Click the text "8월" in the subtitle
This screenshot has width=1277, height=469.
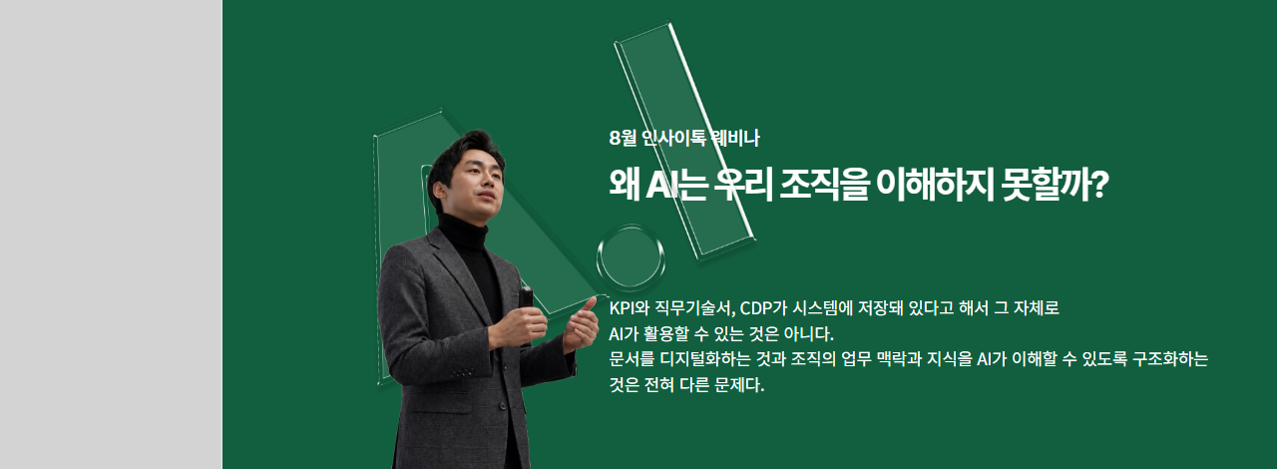(622, 138)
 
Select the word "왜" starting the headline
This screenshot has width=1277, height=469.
(624, 185)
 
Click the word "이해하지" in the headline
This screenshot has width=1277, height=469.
(935, 185)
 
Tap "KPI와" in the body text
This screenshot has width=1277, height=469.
(630, 308)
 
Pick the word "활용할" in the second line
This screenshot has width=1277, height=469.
(665, 333)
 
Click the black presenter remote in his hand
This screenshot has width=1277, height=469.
(526, 297)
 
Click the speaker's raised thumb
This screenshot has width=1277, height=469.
(588, 304)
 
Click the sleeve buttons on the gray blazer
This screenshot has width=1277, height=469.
(463, 372)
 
